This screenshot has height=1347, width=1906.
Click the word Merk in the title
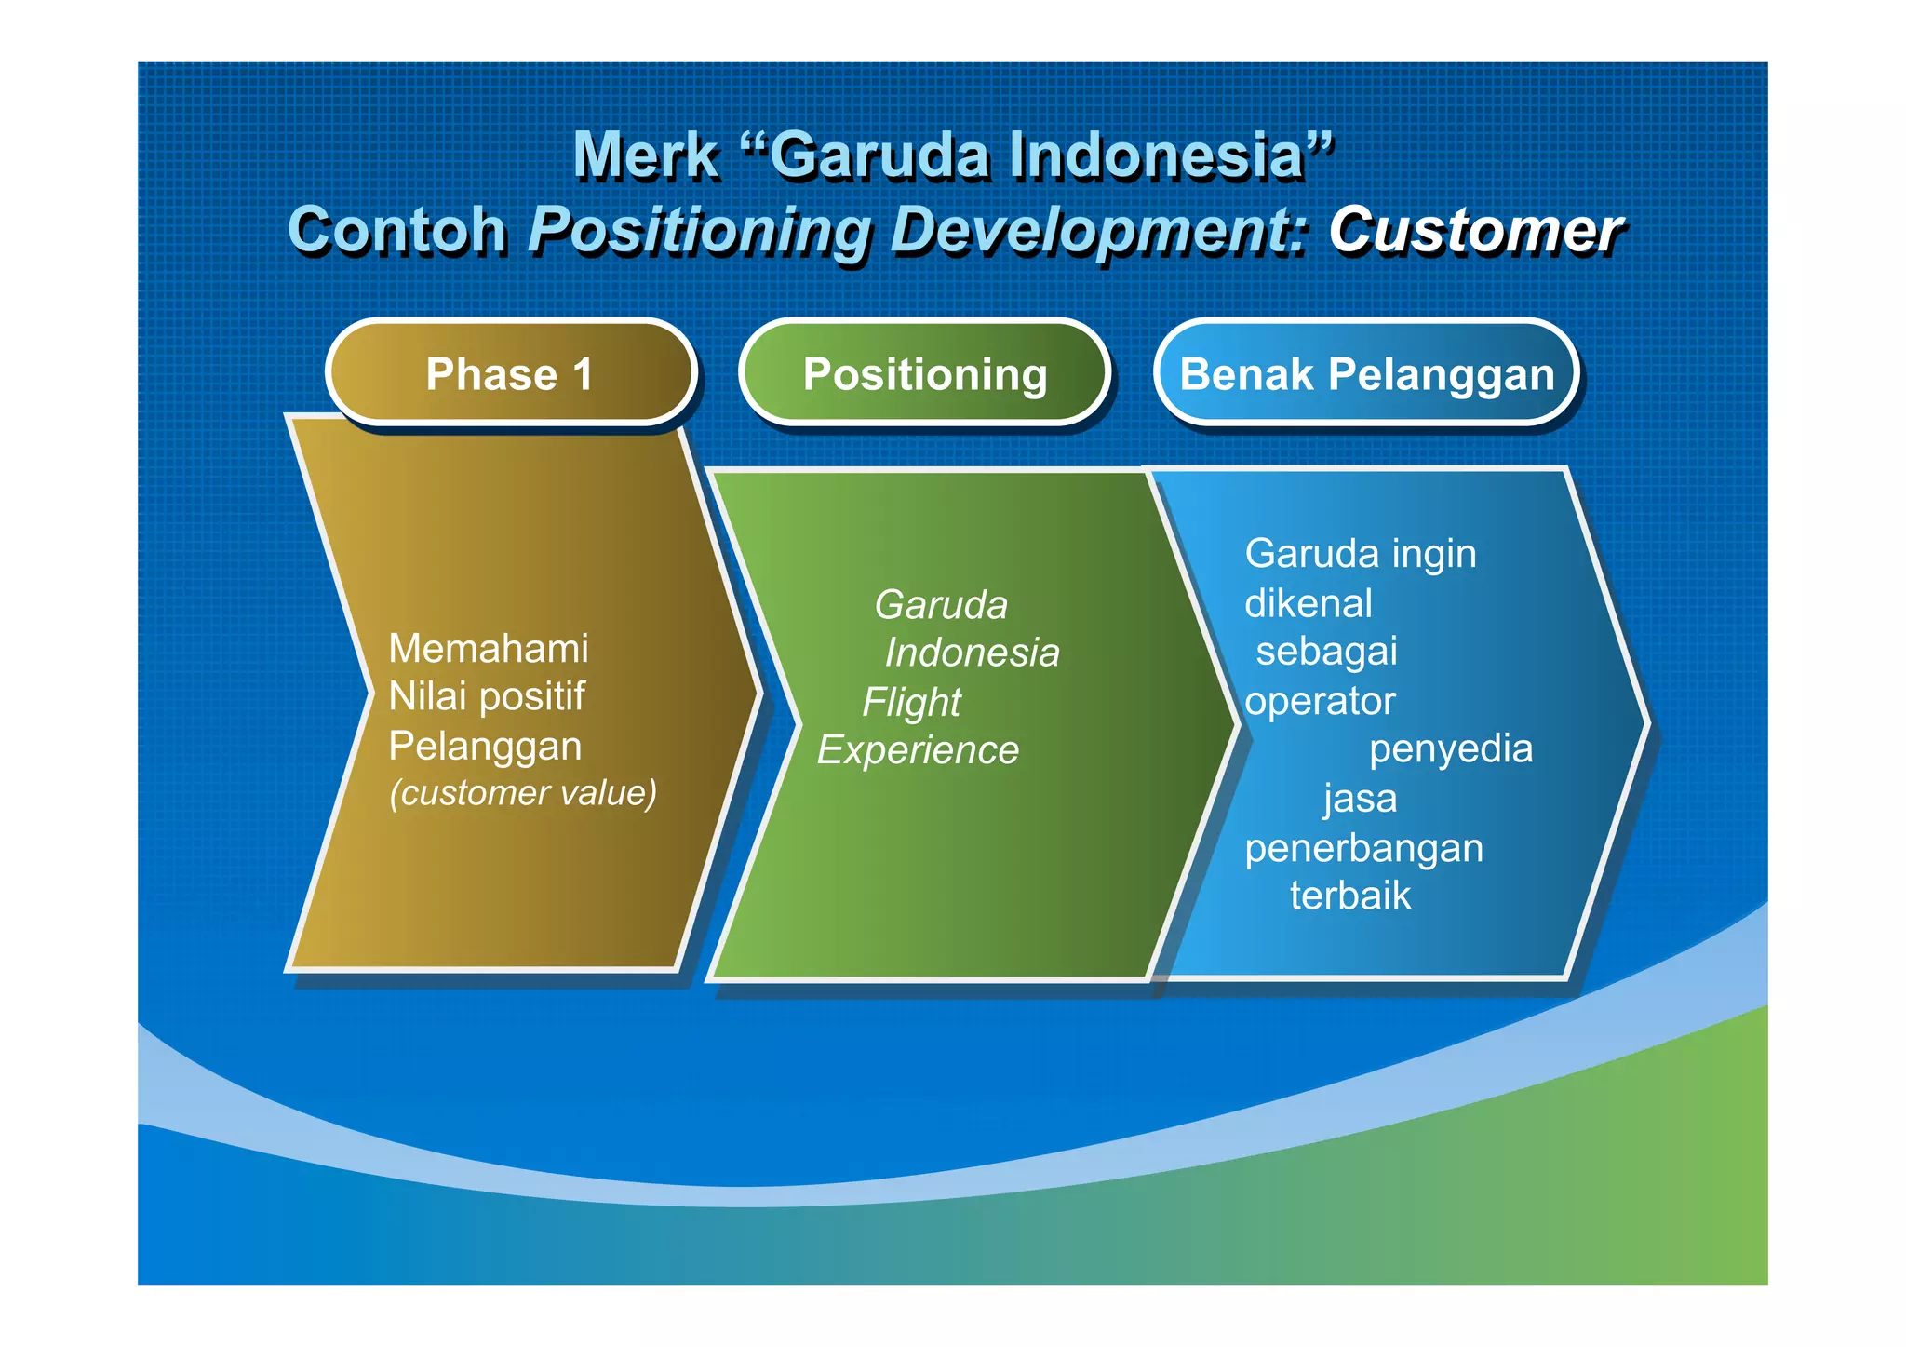point(645,155)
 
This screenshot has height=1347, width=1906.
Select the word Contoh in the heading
point(397,230)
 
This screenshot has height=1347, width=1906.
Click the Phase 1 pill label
point(510,374)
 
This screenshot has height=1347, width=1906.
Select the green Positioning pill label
point(925,374)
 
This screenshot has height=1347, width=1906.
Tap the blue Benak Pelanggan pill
point(1366,374)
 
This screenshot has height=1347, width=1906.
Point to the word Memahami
point(488,648)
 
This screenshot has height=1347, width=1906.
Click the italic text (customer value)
point(523,792)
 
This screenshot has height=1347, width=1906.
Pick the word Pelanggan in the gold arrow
point(485,746)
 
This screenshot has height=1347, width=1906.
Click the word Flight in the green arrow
point(911,702)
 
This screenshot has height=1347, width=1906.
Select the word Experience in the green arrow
point(918,750)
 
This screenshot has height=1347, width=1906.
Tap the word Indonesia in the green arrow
point(972,653)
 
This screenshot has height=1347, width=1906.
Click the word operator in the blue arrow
point(1320,701)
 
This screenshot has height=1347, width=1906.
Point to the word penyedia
point(1450,748)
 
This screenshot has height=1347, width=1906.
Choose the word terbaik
point(1349,896)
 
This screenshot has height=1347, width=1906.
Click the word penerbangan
point(1363,848)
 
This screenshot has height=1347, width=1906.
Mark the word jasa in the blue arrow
point(1360,799)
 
